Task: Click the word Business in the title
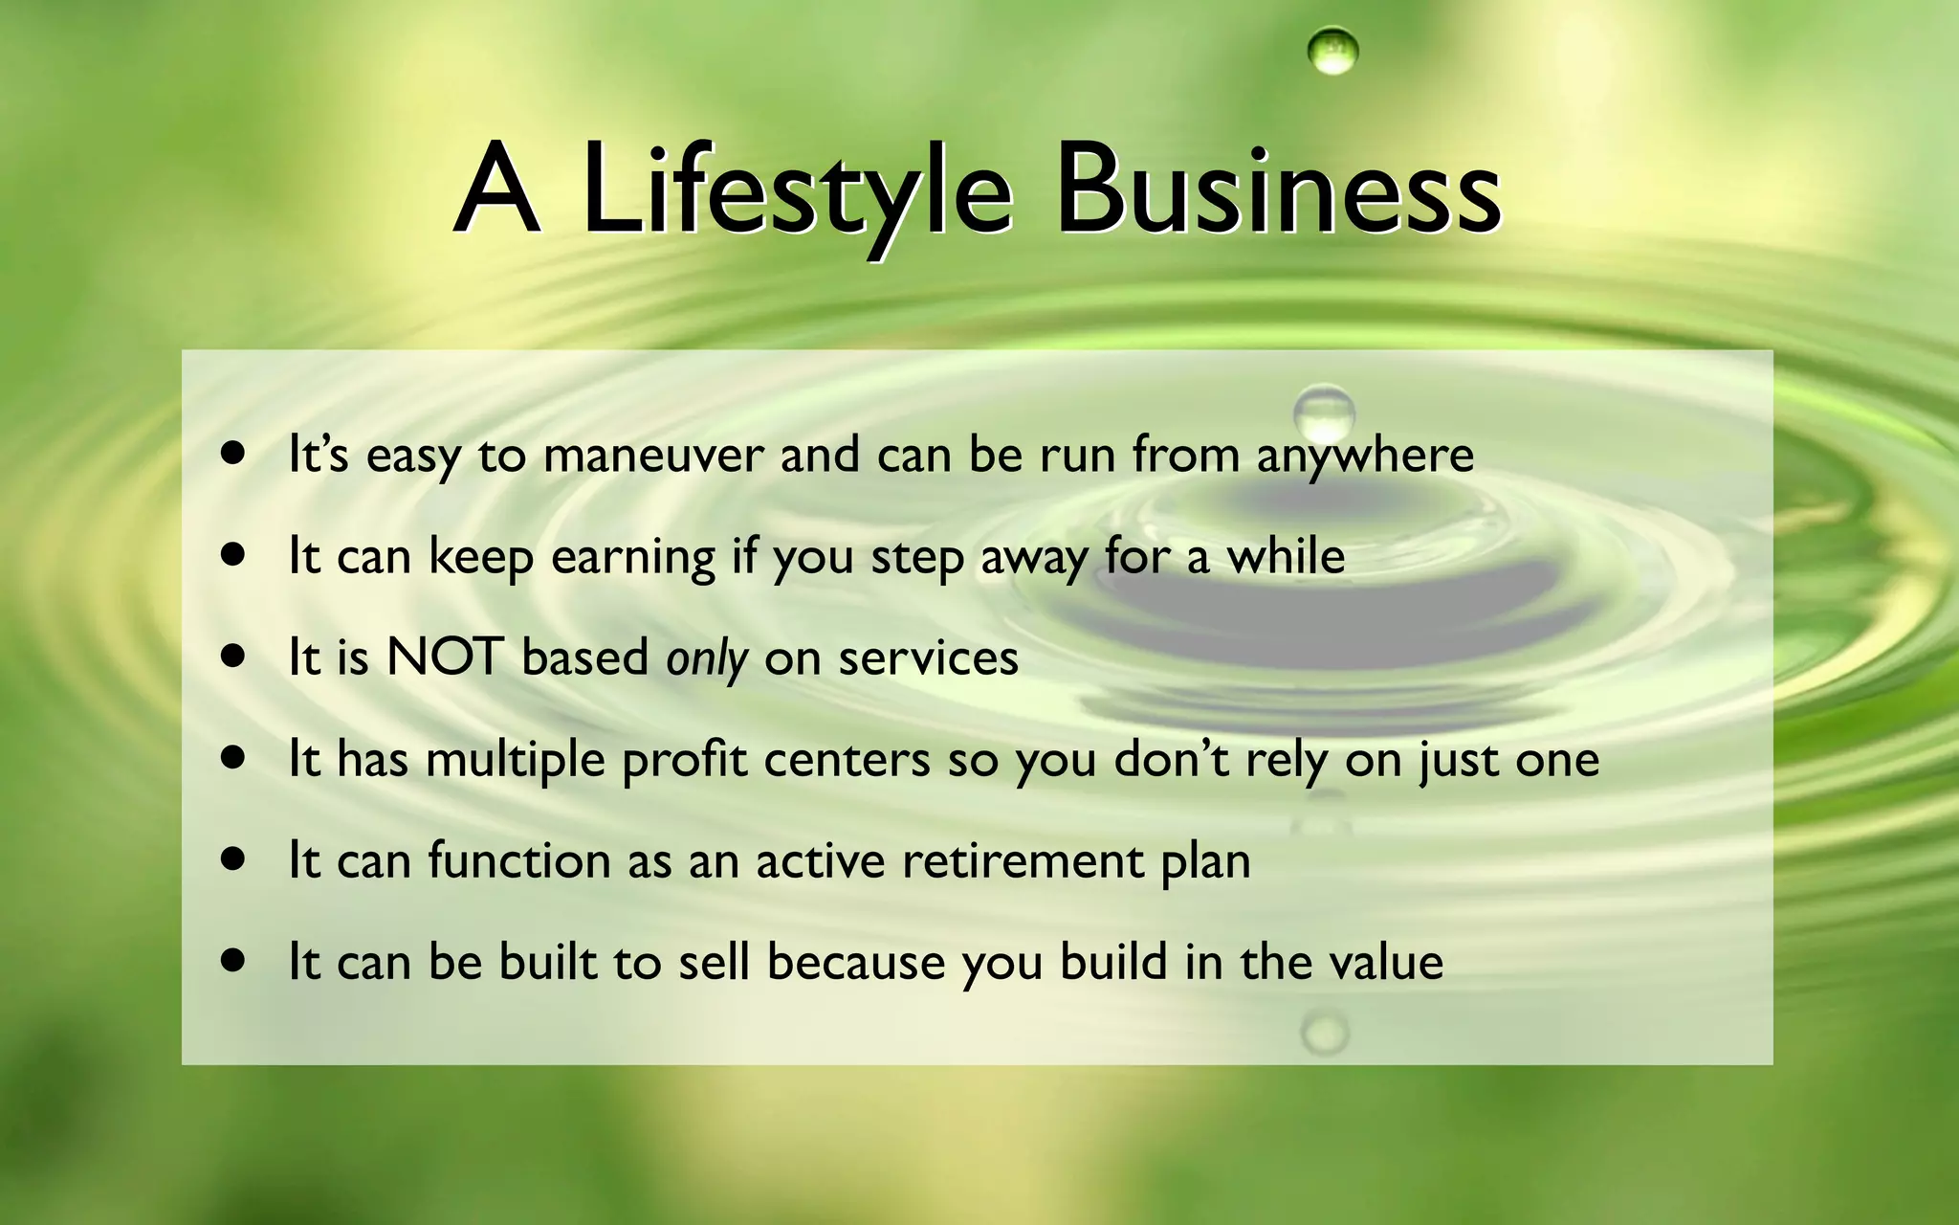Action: (x=1277, y=191)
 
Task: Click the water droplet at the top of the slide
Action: (x=1332, y=51)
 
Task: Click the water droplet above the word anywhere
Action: (x=1324, y=412)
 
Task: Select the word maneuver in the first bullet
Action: (x=653, y=455)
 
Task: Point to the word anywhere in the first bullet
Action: (x=1365, y=457)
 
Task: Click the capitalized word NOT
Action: (x=444, y=658)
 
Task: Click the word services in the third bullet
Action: (x=928, y=659)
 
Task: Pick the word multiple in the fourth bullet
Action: (x=516, y=761)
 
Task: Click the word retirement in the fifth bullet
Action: (x=1023, y=860)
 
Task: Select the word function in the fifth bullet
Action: (x=518, y=860)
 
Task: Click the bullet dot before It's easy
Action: (x=232, y=453)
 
